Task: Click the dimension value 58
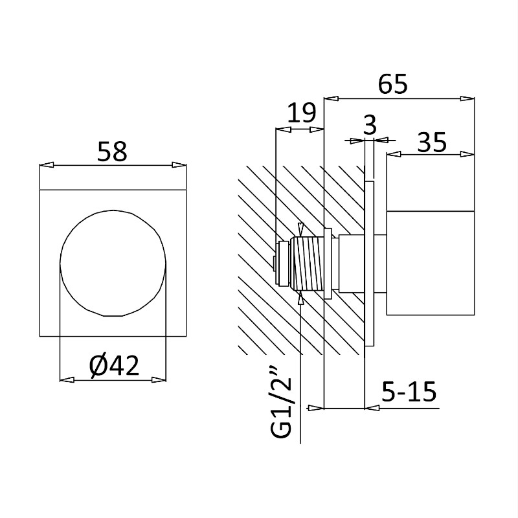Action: pyautogui.click(x=112, y=152)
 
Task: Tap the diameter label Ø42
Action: pyautogui.click(x=115, y=366)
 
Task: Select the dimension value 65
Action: pyautogui.click(x=393, y=84)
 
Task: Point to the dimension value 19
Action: pyautogui.click(x=302, y=113)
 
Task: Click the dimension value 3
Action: pyautogui.click(x=370, y=125)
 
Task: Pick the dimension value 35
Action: pyautogui.click(x=432, y=142)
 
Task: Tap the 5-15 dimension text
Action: pyautogui.click(x=409, y=392)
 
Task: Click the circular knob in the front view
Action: pyautogui.click(x=112, y=264)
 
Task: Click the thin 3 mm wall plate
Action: pyautogui.click(x=369, y=264)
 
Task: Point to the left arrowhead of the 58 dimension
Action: pyautogui.click(x=47, y=164)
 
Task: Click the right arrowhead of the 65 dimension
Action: pyautogui.click(x=467, y=98)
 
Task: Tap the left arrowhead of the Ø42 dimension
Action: pyautogui.click(x=67, y=380)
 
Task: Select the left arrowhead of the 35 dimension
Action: pyautogui.click(x=394, y=154)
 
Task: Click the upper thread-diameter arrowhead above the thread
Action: pyautogui.click(x=300, y=229)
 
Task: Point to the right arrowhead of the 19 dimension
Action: pyautogui.click(x=316, y=130)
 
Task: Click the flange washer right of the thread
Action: pyautogui.click(x=328, y=264)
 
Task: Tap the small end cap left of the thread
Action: pyautogui.click(x=284, y=264)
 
